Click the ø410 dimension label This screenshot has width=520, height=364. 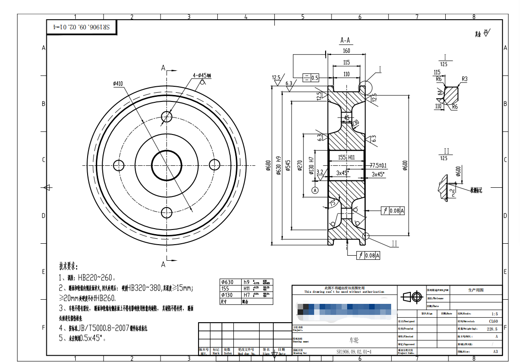click(x=118, y=84)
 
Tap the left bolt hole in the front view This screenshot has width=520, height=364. click(x=119, y=164)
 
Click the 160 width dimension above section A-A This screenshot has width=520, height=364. click(x=346, y=51)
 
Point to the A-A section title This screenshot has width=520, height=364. click(x=346, y=40)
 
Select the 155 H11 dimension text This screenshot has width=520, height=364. click(x=346, y=157)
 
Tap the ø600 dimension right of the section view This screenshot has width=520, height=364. click(x=405, y=165)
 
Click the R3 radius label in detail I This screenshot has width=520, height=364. click(x=465, y=79)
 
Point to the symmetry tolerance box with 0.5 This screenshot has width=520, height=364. click(x=311, y=77)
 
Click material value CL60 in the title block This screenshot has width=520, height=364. click(x=493, y=322)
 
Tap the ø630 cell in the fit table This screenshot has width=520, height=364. click(x=227, y=282)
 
